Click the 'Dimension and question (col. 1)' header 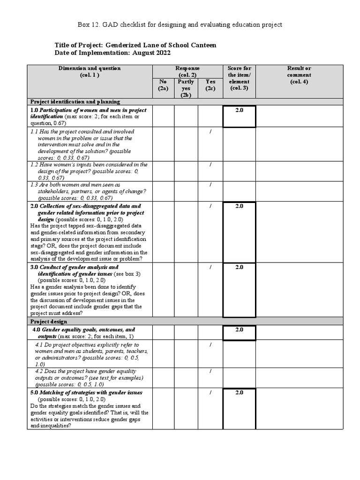pyautogui.click(x=90, y=71)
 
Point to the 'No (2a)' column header pyautogui.click(x=163, y=85)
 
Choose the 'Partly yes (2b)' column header pyautogui.click(x=186, y=88)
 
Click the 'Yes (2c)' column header pyautogui.click(x=210, y=85)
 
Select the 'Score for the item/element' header pyautogui.click(x=239, y=78)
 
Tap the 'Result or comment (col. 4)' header pyautogui.click(x=299, y=75)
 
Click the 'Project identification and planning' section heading pyautogui.click(x=75, y=102)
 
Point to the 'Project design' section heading pyautogui.click(x=49, y=322)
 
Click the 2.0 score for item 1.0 pyautogui.click(x=239, y=110)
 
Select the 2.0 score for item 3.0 pyautogui.click(x=239, y=267)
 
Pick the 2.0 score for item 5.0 pyautogui.click(x=239, y=392)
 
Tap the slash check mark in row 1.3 pyautogui.click(x=210, y=185)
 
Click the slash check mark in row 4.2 pyautogui.click(x=210, y=371)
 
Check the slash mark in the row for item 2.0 pyautogui.click(x=210, y=206)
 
